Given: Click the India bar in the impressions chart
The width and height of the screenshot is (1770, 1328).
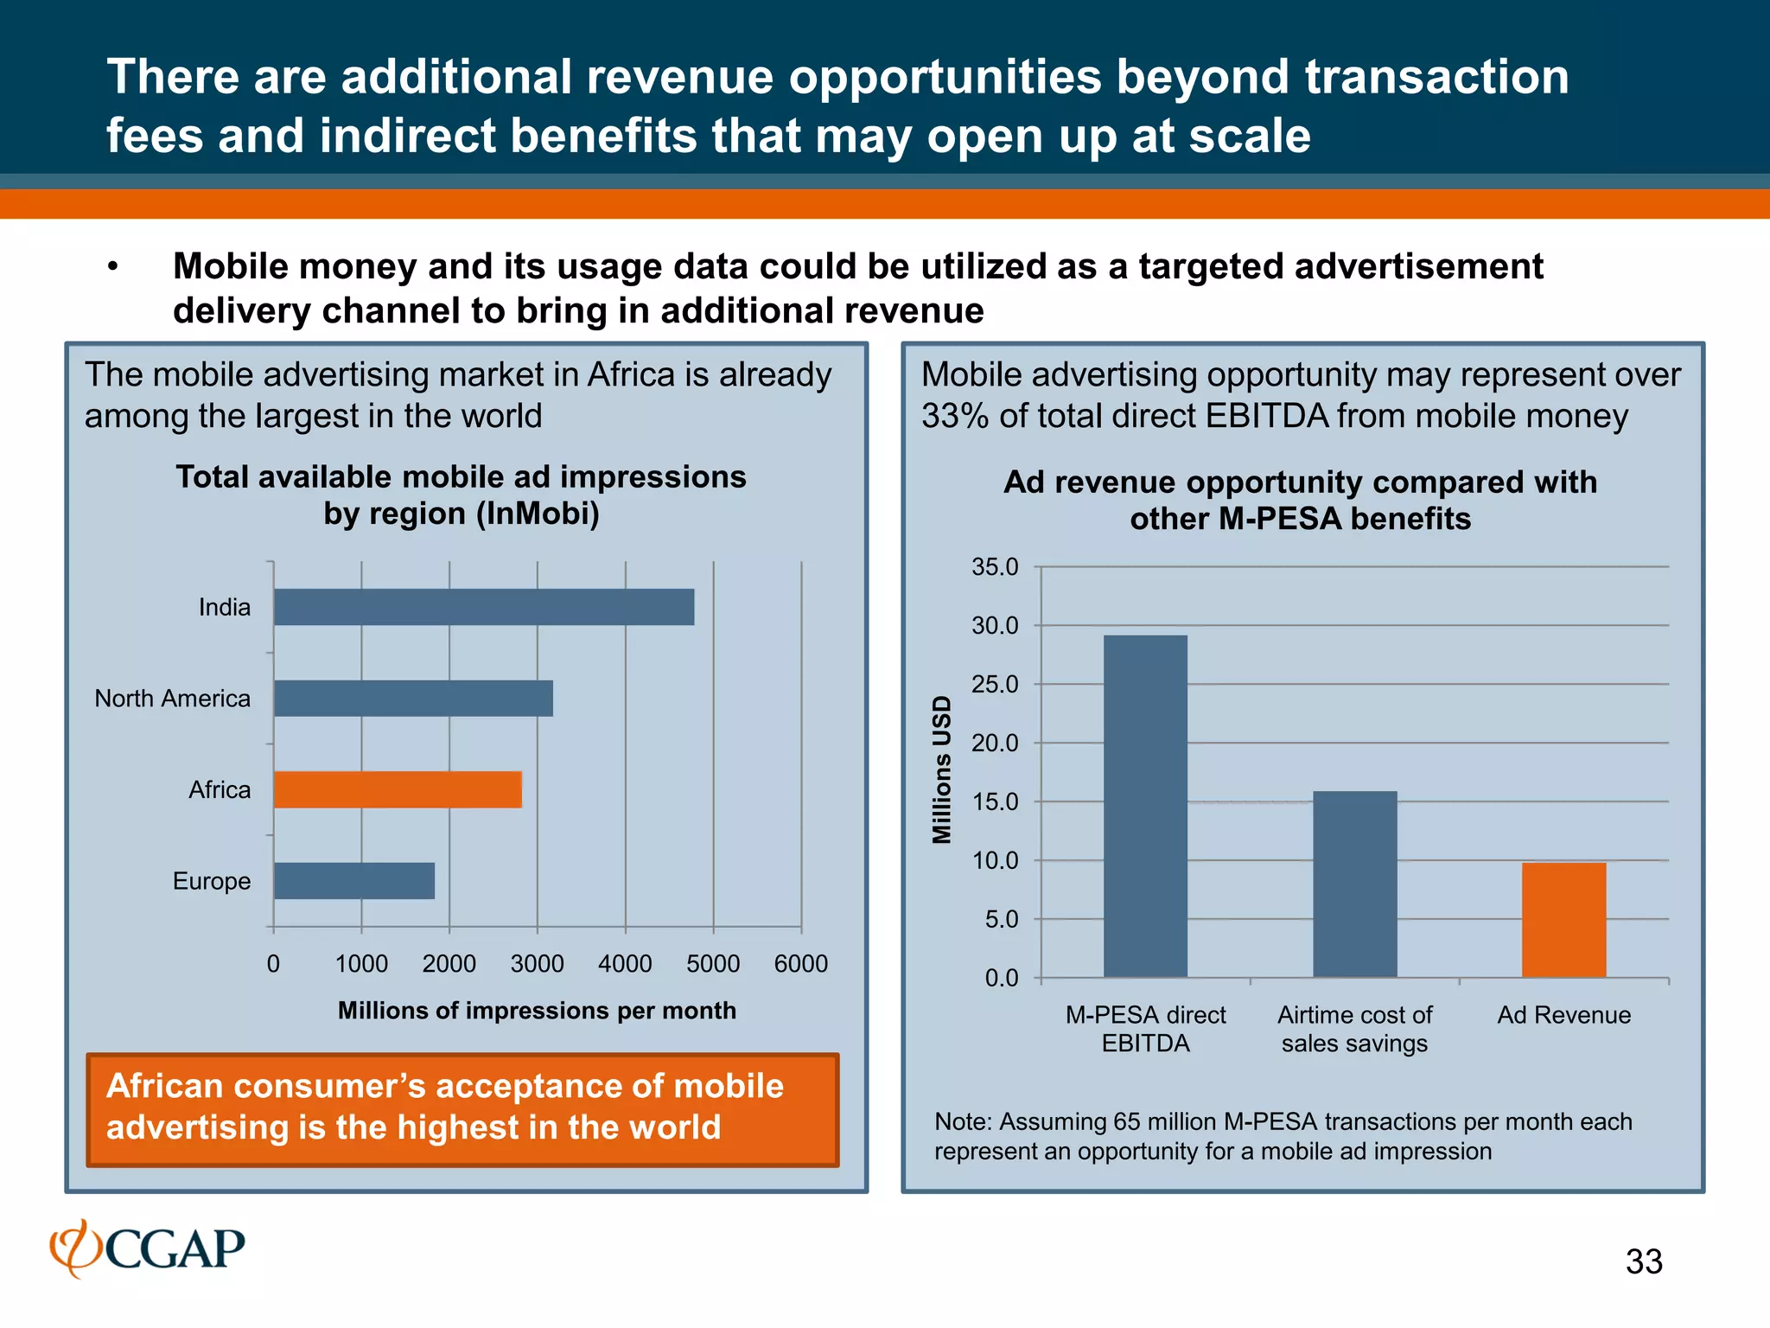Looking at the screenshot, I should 484,607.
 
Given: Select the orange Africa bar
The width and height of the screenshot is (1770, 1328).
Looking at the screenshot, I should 398,789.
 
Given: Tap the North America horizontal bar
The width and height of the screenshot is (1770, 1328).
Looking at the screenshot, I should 413,699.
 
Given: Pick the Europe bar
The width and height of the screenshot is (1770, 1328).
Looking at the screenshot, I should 354,881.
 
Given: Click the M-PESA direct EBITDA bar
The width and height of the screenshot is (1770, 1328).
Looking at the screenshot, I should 1145,806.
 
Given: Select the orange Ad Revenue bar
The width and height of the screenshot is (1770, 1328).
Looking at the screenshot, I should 1563,920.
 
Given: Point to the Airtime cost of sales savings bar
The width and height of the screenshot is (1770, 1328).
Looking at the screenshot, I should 1354,884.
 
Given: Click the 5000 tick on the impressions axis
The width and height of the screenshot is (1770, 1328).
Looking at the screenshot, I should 713,963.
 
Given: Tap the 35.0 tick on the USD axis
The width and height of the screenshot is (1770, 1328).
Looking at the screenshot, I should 995,567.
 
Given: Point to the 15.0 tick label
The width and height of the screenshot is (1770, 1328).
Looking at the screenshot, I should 995,802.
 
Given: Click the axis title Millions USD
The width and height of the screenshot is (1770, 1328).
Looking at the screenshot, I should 941,769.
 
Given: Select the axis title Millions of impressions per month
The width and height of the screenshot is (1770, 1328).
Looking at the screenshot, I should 537,1011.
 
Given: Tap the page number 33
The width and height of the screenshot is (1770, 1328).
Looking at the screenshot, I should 1643,1261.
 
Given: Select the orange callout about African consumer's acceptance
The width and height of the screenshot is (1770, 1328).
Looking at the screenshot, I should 462,1109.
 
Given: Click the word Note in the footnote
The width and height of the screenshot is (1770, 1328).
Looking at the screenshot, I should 962,1121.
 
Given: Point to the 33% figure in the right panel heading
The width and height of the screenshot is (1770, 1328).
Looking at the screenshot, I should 954,416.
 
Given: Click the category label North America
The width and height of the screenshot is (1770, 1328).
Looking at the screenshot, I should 172,699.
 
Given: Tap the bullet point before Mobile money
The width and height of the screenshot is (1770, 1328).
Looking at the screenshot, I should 112,267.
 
